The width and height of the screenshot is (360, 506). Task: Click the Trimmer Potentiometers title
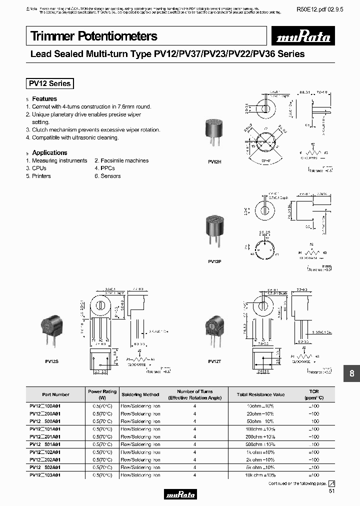(94, 36)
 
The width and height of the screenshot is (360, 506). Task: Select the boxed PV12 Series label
(49, 83)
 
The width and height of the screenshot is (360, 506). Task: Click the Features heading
(44, 99)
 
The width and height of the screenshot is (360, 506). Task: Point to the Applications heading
(49, 152)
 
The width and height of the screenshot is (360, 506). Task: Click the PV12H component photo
(214, 134)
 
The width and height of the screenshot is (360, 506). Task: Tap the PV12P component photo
(214, 230)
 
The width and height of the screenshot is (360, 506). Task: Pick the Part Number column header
(55, 394)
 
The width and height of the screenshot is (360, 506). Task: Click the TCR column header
(313, 394)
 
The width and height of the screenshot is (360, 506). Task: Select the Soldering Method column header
(140, 394)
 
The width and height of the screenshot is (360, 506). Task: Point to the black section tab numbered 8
(351, 373)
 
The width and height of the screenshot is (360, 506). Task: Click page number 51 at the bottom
(332, 492)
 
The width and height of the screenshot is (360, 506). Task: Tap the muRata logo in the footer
(180, 494)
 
